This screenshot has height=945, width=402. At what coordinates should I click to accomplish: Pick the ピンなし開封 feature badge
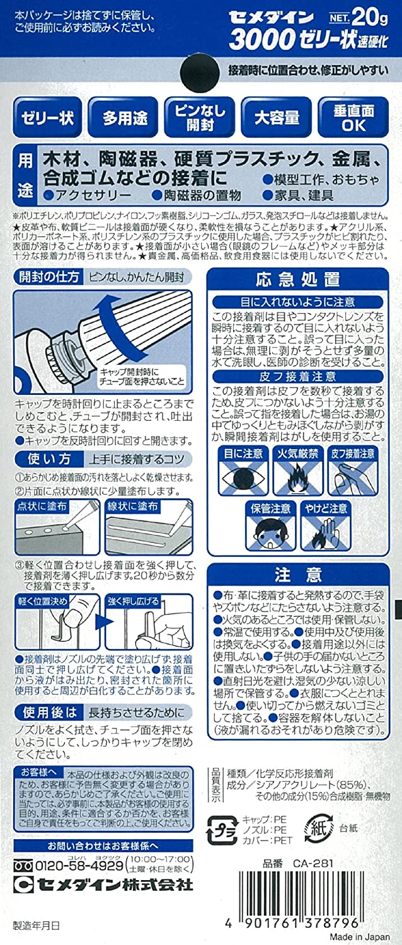(x=199, y=117)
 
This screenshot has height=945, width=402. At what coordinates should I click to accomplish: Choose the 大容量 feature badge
(x=277, y=117)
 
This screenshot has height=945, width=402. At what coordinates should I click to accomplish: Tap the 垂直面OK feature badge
(x=353, y=117)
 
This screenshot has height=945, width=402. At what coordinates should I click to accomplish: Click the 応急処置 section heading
(x=298, y=278)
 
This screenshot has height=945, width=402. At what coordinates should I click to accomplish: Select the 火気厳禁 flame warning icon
(x=299, y=472)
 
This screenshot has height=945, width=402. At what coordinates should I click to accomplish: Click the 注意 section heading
(x=298, y=575)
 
